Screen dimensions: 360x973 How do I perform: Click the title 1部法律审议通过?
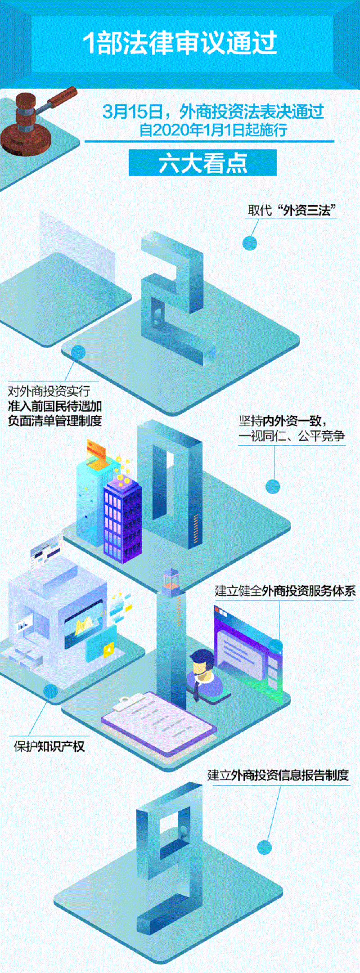click(180, 43)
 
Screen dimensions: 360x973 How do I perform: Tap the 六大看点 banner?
click(202, 163)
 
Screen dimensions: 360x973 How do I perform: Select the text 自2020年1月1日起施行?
click(213, 130)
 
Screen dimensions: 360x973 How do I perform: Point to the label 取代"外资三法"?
click(292, 210)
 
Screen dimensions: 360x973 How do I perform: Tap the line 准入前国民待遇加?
click(55, 406)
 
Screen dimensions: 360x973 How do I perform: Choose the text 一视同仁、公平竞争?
click(292, 435)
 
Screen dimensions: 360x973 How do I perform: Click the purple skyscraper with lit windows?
click(122, 520)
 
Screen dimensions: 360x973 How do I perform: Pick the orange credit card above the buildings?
click(96, 450)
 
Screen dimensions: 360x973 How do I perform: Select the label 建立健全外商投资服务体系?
click(285, 591)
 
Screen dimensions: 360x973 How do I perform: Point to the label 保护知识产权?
click(49, 746)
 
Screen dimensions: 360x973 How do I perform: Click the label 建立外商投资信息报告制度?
click(278, 775)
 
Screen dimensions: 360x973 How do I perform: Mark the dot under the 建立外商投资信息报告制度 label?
click(264, 847)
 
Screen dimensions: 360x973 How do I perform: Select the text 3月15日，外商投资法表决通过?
click(213, 111)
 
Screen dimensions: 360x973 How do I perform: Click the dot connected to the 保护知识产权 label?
click(50, 691)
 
